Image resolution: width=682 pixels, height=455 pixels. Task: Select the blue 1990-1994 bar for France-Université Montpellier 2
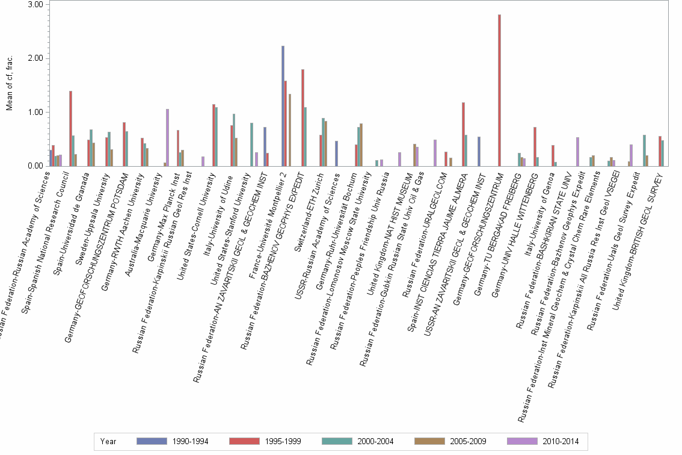(x=283, y=106)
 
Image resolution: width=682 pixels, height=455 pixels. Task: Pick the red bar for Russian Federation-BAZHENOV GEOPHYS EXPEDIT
(x=303, y=117)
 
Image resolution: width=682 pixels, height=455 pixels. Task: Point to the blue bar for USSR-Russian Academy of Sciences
(x=336, y=153)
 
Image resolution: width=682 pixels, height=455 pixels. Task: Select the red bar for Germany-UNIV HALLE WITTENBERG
(x=535, y=146)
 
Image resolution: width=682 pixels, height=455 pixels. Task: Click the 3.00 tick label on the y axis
(x=35, y=4)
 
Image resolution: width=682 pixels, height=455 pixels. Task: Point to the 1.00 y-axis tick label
(x=35, y=112)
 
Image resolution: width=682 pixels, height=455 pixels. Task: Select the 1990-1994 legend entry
(x=173, y=441)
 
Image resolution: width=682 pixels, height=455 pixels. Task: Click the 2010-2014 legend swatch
(x=526, y=441)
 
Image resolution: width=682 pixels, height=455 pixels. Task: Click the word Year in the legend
(x=109, y=441)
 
